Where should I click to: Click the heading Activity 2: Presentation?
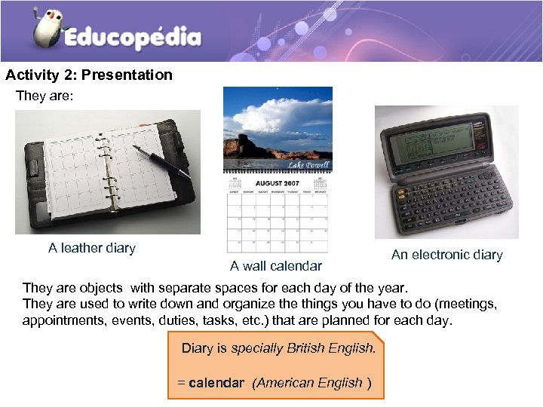click(x=89, y=75)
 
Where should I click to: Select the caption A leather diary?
click(x=92, y=248)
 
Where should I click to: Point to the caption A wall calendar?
click(x=276, y=265)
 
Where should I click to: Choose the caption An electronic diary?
click(x=446, y=255)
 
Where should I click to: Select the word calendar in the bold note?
click(x=216, y=383)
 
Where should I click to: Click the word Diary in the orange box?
click(x=196, y=348)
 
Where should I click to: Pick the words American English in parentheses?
click(x=310, y=383)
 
